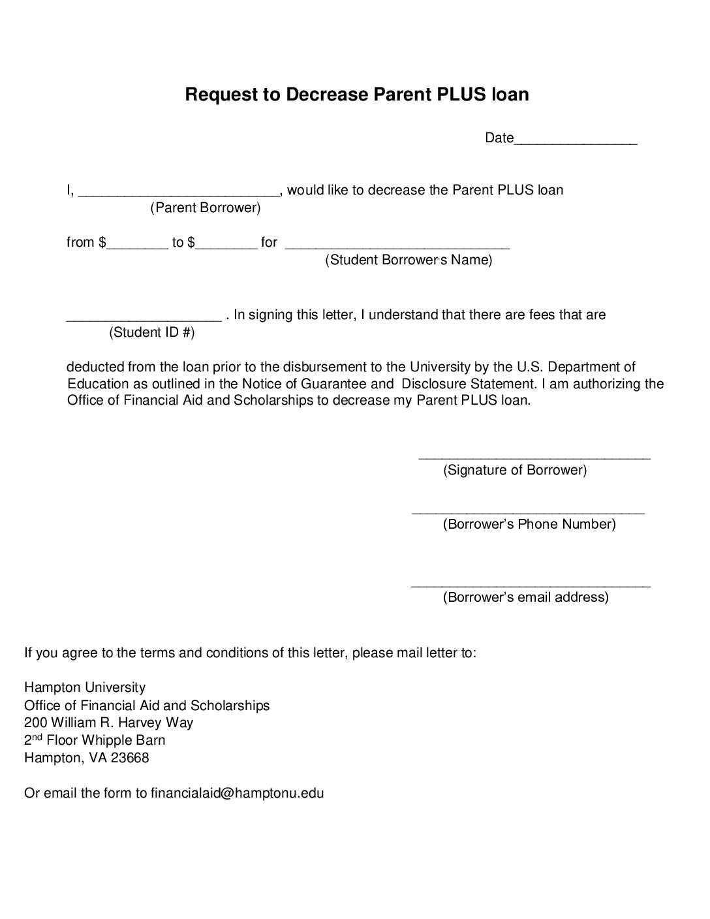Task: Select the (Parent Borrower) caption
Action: pyautogui.click(x=206, y=208)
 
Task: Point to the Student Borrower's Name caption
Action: pyautogui.click(x=409, y=260)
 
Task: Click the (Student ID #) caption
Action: pyautogui.click(x=152, y=333)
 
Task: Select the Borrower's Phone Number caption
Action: pyautogui.click(x=529, y=524)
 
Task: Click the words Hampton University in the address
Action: pyautogui.click(x=85, y=687)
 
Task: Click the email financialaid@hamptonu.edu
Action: pyautogui.click(x=238, y=793)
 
